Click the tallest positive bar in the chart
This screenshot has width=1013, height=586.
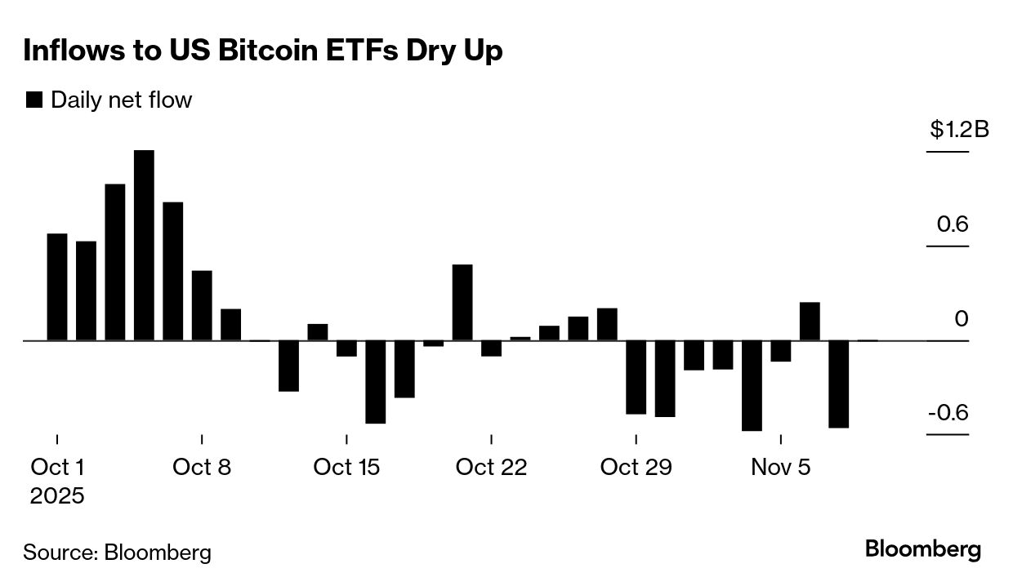point(144,245)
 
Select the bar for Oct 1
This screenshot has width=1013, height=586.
point(57,286)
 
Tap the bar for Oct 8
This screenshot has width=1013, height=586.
point(202,305)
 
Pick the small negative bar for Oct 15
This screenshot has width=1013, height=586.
point(346,348)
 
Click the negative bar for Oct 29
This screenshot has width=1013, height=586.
point(636,377)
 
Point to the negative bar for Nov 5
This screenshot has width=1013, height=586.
point(781,351)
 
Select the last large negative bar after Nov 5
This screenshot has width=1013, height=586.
point(839,384)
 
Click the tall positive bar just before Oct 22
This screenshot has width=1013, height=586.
point(462,302)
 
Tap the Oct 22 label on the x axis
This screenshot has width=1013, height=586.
point(491,468)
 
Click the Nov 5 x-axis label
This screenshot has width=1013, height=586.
point(781,468)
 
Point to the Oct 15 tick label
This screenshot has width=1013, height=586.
point(346,468)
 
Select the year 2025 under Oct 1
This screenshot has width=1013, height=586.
point(57,495)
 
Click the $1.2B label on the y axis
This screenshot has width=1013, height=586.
point(959,129)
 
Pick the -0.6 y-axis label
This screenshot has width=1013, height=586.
point(948,412)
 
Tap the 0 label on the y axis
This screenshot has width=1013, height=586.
point(962,318)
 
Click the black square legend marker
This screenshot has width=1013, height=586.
point(34,100)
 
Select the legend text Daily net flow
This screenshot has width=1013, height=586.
point(121,100)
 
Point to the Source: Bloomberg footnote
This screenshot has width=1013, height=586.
point(117,553)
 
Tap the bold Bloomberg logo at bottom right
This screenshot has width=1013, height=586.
point(923,549)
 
